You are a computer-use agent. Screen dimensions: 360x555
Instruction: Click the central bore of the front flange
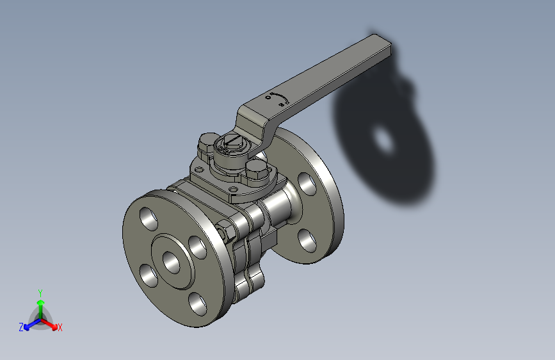pos(172,261)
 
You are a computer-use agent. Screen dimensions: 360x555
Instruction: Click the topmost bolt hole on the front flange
pos(149,220)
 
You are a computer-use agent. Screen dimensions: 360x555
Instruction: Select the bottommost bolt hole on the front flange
pos(197,304)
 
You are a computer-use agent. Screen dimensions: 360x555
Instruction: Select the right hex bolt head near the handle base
pos(256,172)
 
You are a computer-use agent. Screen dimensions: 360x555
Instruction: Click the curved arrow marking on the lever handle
pos(279,99)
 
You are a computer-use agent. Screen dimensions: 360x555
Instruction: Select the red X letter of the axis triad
pos(60,327)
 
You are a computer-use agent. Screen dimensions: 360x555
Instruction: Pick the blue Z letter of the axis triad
pos(21,327)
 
